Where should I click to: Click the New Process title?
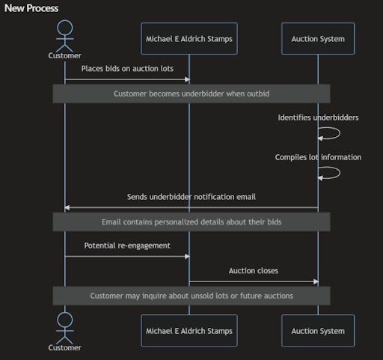(x=31, y=8)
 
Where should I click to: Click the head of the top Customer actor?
(x=65, y=28)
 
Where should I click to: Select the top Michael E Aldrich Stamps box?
(x=189, y=38)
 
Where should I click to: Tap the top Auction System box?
(x=318, y=38)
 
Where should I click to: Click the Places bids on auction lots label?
(x=127, y=69)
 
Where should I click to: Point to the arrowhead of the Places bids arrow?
(x=187, y=79)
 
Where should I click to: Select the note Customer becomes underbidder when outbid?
(x=191, y=94)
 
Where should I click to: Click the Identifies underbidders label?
(x=318, y=118)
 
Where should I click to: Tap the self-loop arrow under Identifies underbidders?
(x=340, y=133)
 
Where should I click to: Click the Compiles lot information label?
(x=318, y=157)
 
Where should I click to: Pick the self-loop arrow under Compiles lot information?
(x=340, y=173)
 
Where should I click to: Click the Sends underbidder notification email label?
(x=191, y=197)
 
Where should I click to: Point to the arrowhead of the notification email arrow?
(x=67, y=207)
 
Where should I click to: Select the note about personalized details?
(x=191, y=222)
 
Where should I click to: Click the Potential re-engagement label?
(x=127, y=245)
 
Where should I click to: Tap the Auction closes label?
(x=254, y=271)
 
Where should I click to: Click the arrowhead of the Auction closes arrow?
(x=316, y=281)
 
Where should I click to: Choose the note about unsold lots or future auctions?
(x=191, y=296)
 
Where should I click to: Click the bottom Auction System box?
(x=318, y=331)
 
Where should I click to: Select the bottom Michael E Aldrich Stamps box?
(x=189, y=331)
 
